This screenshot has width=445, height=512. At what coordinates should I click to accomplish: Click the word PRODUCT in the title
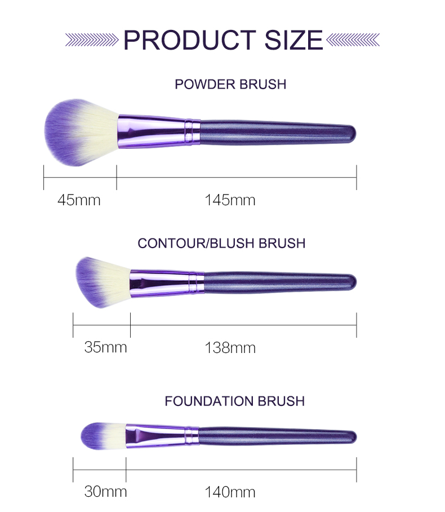pos(190,40)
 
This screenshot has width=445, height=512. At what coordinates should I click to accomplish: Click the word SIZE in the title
pos(293,40)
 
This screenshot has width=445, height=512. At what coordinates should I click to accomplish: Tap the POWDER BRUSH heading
pos(230,84)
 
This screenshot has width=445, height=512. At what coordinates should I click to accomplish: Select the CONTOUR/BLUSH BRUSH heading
pos(221,243)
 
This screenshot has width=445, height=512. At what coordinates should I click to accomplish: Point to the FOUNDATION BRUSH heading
pos(234,401)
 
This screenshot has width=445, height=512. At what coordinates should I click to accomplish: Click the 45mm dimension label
pos(79,200)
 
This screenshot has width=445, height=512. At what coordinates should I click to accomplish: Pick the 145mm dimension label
pos(230,200)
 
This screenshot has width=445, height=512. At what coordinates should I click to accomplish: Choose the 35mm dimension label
pos(105,347)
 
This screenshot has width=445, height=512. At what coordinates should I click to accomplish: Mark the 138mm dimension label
pos(230,348)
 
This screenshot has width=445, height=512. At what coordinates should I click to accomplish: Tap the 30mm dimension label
pos(105,492)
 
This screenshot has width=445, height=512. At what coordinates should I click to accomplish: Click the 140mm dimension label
pos(230,492)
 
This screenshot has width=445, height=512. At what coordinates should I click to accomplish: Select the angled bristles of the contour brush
pos(102,282)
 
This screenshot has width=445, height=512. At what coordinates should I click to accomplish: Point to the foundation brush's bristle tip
pos(103,436)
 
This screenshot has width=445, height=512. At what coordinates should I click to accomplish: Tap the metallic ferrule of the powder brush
pos(159,131)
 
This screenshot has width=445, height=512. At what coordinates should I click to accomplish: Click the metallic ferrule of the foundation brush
pos(162,436)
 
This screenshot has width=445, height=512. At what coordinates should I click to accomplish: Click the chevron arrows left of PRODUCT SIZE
pos(92,40)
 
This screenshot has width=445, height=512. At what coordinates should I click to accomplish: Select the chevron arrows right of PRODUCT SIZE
pos(353,40)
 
